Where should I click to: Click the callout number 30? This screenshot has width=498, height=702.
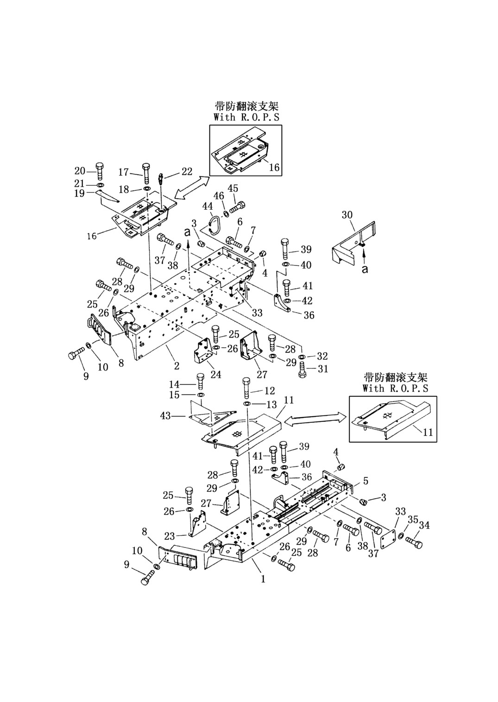(x=347, y=215)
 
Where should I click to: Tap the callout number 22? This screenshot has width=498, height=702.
(x=187, y=171)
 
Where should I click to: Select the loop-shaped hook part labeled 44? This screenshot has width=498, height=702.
(x=215, y=225)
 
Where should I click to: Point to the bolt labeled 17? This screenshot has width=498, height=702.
(x=146, y=174)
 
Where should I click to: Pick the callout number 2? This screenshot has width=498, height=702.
(x=177, y=366)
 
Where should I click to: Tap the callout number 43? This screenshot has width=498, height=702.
(x=165, y=415)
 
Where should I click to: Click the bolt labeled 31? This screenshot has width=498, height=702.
(x=302, y=369)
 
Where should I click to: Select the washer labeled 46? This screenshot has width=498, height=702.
(x=226, y=214)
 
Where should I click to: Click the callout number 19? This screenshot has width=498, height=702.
(x=80, y=193)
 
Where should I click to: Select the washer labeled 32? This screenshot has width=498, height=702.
(x=302, y=357)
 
